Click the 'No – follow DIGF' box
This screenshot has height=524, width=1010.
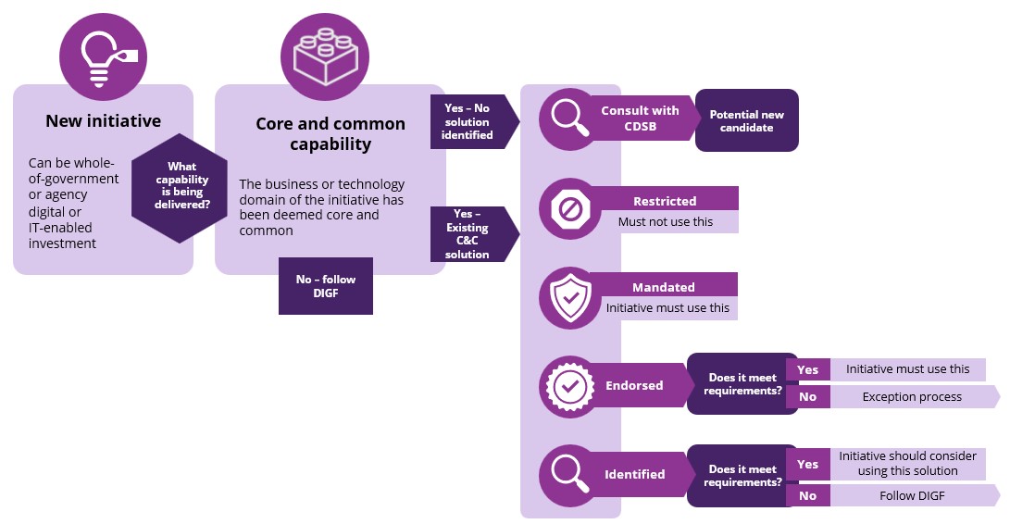point(325,286)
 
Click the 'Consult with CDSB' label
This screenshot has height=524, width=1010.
point(640,118)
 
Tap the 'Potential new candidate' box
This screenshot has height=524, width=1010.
point(746,120)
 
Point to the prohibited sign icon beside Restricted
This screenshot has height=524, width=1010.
point(570,209)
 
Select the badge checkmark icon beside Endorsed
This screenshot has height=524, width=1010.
point(570,385)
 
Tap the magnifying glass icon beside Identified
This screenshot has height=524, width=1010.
point(570,474)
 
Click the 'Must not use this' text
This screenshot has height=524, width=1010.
point(665,222)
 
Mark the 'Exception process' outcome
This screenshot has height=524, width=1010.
point(912,397)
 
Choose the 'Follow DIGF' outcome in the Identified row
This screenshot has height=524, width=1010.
point(912,495)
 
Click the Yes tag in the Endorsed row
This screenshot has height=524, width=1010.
point(808,369)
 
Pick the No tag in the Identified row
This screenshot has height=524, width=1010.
point(808,495)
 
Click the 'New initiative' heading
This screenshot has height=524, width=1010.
point(103,121)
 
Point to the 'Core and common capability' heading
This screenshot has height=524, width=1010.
point(330,133)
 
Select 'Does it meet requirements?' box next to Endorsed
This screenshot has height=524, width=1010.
point(742,384)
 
